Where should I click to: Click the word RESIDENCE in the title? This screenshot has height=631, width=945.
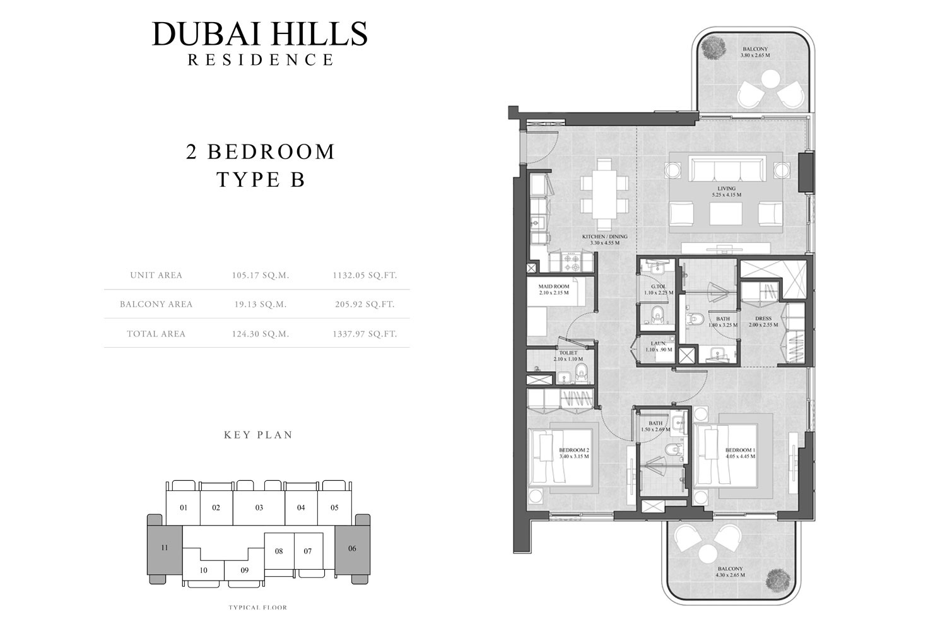260,60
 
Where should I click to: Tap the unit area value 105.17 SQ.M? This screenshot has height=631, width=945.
260,275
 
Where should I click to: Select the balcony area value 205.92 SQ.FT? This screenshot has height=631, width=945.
365,304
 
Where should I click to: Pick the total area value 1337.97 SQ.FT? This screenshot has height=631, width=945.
365,334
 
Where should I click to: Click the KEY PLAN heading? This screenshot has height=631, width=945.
258,435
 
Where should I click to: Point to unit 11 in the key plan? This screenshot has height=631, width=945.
165,548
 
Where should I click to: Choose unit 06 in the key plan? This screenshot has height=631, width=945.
352,548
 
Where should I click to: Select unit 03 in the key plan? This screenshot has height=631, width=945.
259,507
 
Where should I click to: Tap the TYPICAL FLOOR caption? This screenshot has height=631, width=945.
257,608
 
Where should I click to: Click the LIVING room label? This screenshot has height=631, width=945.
726,189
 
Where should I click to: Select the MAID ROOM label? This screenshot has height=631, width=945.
554,286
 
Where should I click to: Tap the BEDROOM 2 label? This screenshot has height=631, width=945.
573,451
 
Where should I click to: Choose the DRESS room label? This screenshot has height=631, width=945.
763,319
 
